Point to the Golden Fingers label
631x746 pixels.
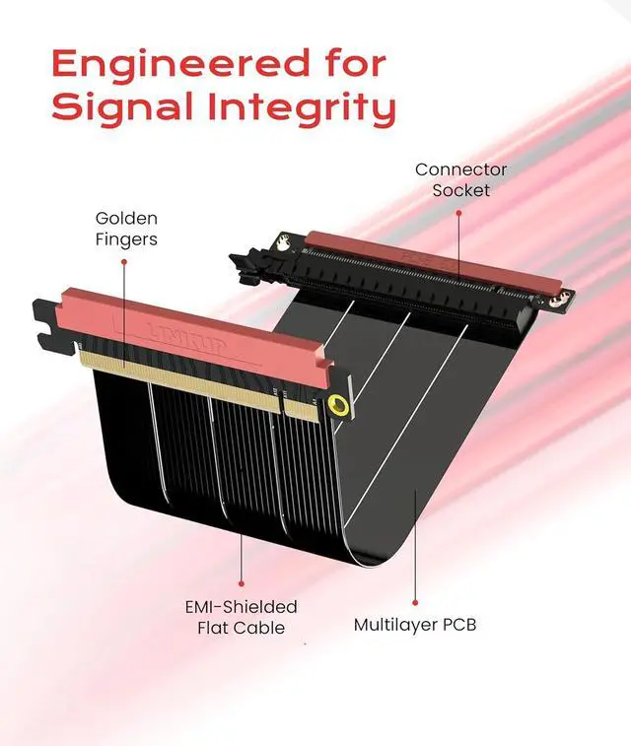[125, 228]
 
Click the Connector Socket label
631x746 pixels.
[460, 179]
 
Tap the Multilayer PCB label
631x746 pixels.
[414, 625]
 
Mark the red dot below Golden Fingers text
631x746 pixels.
[125, 262]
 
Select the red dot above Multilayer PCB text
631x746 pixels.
[415, 601]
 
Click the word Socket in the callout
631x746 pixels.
[460, 189]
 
